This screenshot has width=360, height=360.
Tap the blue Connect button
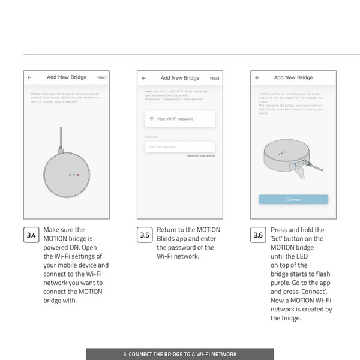point(293,199)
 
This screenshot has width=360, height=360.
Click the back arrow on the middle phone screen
point(144,78)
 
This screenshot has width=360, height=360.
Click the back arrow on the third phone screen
point(257,77)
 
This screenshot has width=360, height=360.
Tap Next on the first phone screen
point(102,77)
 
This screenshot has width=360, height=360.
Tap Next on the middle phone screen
point(214,78)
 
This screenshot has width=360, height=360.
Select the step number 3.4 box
point(32,235)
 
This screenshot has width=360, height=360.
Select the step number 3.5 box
point(145,235)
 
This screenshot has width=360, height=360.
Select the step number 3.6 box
point(258,235)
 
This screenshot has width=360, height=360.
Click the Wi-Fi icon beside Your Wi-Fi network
point(151,119)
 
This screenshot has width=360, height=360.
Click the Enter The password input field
point(179,146)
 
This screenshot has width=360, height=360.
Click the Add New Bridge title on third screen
point(293,77)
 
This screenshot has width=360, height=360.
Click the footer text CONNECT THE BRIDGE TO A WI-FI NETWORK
point(180,354)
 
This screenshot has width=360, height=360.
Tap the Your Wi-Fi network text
point(175,119)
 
